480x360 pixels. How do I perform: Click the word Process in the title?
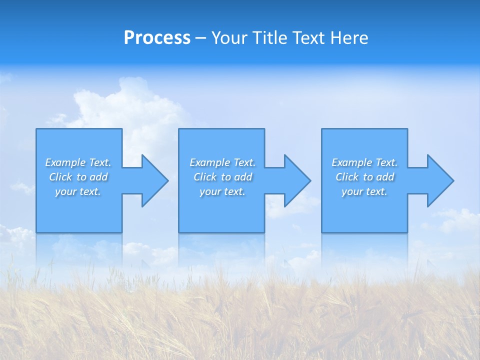tap(157, 38)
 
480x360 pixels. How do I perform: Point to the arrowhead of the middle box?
tap(296, 181)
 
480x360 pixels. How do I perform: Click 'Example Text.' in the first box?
tap(78, 162)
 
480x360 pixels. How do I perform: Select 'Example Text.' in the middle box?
tap(222, 162)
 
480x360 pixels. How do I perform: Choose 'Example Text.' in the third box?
tap(364, 162)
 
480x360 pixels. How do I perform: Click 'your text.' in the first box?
tap(78, 191)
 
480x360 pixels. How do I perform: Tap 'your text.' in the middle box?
tap(222, 191)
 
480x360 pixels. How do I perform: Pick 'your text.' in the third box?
tap(364, 191)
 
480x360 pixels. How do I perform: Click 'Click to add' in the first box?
tap(78, 177)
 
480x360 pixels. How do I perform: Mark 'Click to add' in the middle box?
tap(222, 177)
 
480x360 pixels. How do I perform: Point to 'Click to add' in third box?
tap(364, 177)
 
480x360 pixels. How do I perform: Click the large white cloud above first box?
tap(125, 105)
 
